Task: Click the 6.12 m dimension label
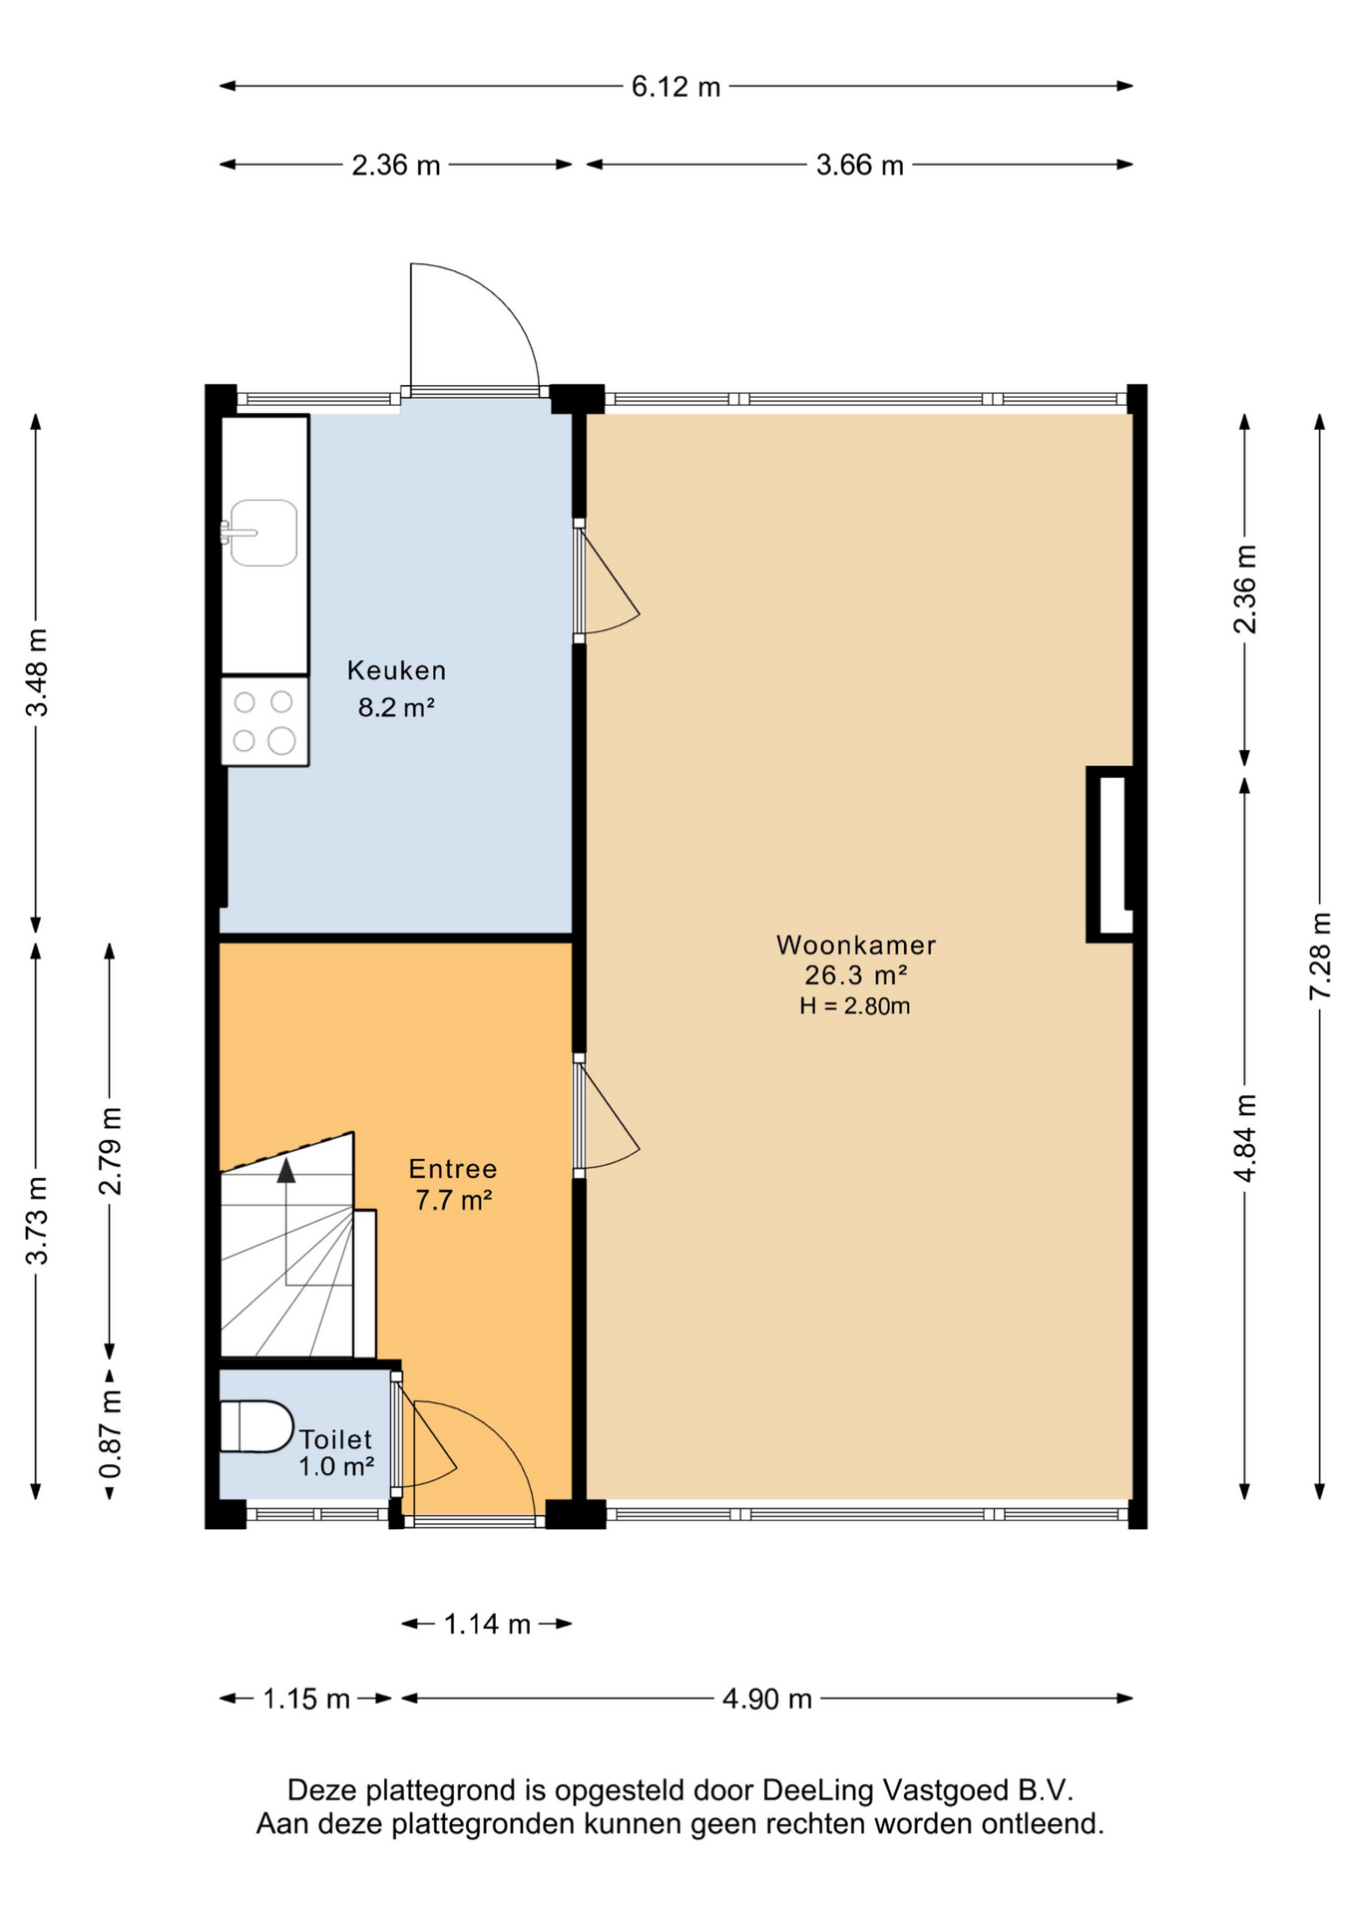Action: click(676, 87)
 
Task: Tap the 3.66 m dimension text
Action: click(859, 165)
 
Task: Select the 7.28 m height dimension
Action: click(1320, 955)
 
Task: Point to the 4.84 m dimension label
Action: click(1245, 1138)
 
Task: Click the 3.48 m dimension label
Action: click(37, 672)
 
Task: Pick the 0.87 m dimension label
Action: click(111, 1434)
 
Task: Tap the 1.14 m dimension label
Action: click(487, 1625)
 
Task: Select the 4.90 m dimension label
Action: click(766, 1699)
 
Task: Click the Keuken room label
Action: click(396, 670)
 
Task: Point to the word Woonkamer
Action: click(856, 945)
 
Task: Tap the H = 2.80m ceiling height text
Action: click(855, 1006)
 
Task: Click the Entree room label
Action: click(453, 1169)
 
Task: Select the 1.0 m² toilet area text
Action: click(336, 1466)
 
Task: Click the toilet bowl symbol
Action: click(255, 1426)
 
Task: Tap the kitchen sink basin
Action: click(263, 533)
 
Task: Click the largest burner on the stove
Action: click(282, 740)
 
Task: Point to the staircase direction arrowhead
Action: click(286, 1170)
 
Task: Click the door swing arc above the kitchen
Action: click(499, 299)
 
